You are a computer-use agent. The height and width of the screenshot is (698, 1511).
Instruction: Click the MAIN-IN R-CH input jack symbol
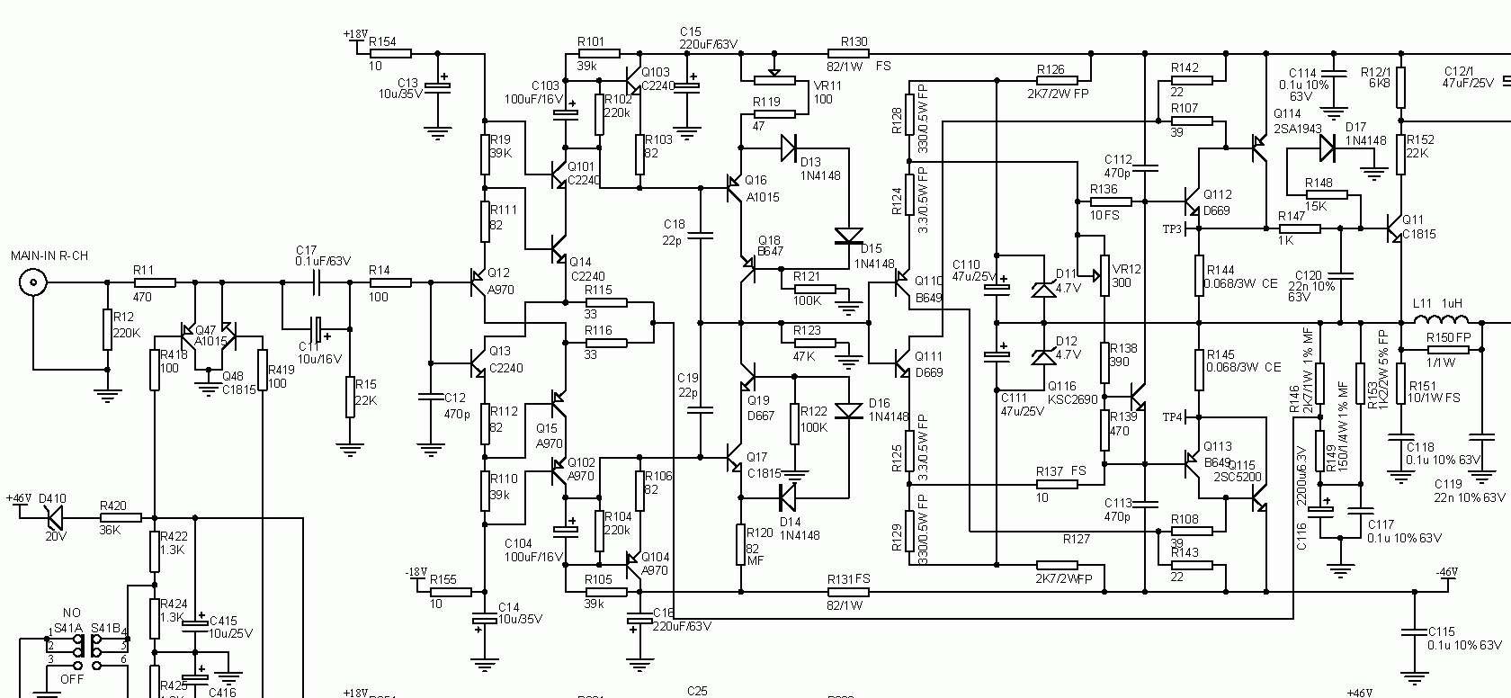click(x=33, y=283)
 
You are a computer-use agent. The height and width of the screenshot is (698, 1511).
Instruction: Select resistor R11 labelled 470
click(x=154, y=282)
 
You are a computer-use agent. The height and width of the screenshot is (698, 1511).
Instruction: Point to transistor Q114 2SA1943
click(x=1260, y=148)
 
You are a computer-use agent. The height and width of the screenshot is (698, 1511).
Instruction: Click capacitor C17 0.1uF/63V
click(x=317, y=282)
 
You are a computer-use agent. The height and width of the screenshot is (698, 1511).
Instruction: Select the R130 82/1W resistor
click(x=854, y=54)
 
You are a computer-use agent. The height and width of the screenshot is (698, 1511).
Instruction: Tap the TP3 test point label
click(x=1171, y=228)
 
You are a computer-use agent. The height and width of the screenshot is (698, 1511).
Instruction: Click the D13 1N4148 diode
click(x=789, y=145)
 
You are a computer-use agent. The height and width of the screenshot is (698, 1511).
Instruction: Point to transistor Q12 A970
click(x=477, y=282)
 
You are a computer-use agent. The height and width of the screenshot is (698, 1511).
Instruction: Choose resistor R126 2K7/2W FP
click(x=1050, y=80)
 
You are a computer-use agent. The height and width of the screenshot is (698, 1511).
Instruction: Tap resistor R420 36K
click(x=121, y=518)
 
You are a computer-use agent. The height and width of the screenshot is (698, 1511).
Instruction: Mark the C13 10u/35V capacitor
click(x=438, y=86)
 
